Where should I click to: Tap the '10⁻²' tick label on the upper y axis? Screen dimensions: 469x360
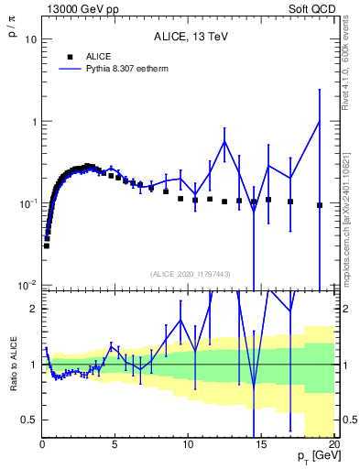[x=29, y=285]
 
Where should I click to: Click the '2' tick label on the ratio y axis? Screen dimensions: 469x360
[x=34, y=309]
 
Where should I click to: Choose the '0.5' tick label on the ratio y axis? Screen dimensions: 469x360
[x=29, y=420]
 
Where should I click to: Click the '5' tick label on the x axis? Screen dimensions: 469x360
[x=115, y=446]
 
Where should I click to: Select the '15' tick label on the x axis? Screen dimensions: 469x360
[x=261, y=446]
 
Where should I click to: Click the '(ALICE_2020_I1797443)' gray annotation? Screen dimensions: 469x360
[x=190, y=274]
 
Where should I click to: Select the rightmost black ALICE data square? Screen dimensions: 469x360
[x=319, y=205]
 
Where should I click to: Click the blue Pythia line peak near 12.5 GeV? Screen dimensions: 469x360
[x=224, y=141]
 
